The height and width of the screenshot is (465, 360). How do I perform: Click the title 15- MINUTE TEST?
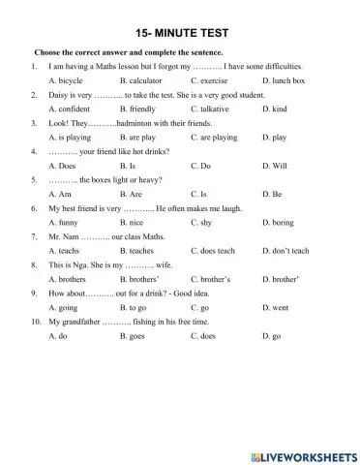tap(180, 29)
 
